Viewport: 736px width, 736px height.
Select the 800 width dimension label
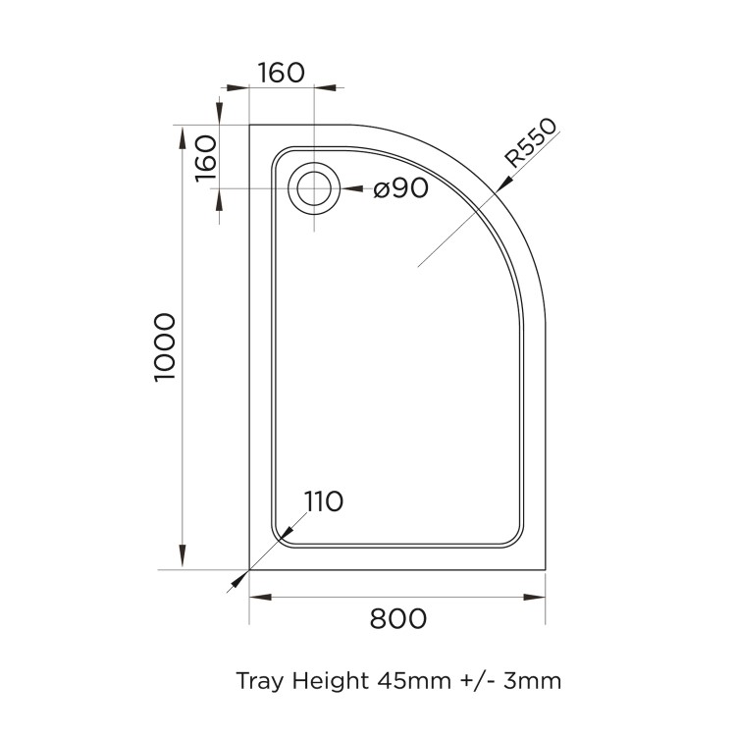pos(397,619)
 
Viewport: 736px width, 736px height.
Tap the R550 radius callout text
pos(531,145)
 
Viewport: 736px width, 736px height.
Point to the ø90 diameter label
pos(400,188)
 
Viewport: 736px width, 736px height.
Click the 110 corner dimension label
pos(323,502)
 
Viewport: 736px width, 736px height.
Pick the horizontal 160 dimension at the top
pos(282,73)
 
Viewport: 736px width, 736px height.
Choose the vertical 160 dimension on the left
pos(204,156)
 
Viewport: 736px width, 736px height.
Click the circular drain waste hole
pos(315,187)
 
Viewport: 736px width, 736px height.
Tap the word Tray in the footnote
pos(258,679)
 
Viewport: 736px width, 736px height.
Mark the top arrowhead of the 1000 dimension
pos(183,134)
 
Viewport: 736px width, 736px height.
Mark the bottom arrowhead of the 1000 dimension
pos(183,560)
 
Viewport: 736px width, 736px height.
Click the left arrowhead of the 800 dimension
pos(258,597)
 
